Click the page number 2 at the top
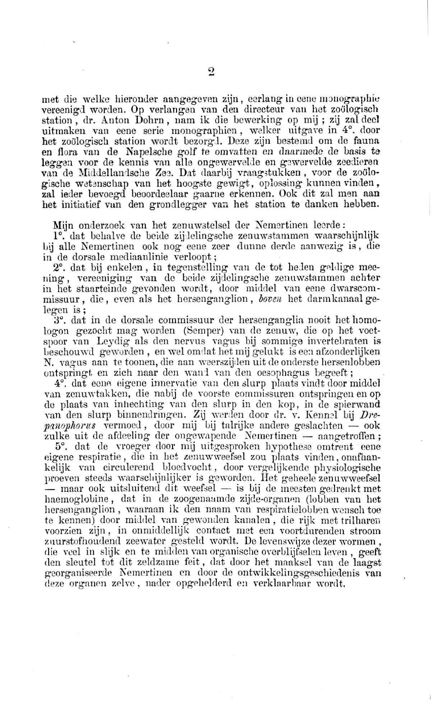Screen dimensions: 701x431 pyautogui.click(x=211, y=72)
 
